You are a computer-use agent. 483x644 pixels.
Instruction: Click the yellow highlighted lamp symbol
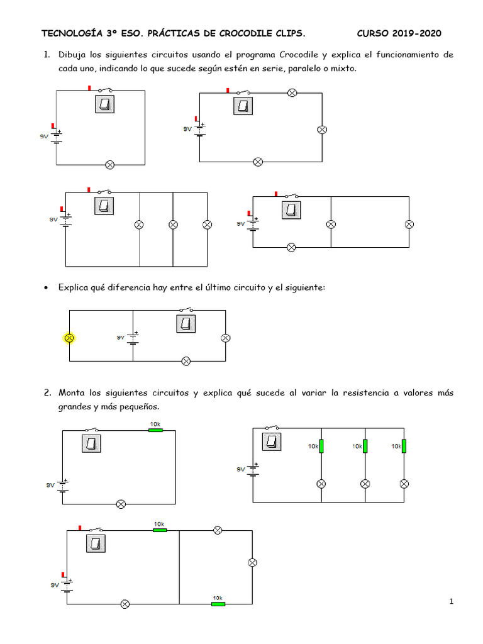click(x=70, y=338)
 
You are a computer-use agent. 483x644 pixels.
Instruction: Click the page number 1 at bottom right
click(x=452, y=602)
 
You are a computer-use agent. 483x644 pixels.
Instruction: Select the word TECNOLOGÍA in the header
click(x=70, y=33)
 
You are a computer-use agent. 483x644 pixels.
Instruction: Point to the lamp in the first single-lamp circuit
click(x=109, y=165)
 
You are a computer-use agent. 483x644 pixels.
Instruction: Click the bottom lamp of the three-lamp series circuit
click(x=257, y=162)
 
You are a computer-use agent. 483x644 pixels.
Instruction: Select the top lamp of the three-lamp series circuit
click(x=291, y=92)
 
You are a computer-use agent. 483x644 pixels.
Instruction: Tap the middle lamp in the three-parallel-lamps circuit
click(x=173, y=225)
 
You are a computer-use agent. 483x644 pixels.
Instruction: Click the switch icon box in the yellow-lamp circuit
click(x=186, y=323)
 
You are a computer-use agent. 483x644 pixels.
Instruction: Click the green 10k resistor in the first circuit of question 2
click(x=155, y=430)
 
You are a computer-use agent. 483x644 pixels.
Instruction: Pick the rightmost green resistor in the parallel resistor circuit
click(x=404, y=446)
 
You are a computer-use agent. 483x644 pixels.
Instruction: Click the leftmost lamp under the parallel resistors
click(x=321, y=484)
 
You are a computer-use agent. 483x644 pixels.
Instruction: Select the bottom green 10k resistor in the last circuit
click(x=218, y=604)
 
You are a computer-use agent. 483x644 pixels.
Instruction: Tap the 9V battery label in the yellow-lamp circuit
click(x=121, y=338)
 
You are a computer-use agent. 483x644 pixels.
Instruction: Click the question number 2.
click(x=47, y=392)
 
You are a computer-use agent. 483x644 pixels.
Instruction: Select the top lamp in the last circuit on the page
click(x=218, y=530)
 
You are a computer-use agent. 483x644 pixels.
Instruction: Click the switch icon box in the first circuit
click(x=105, y=104)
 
